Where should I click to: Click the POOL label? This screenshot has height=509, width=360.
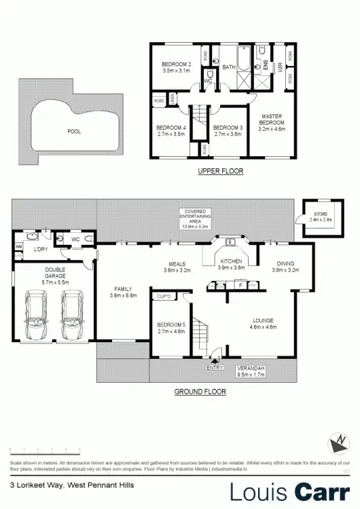(x=74, y=132)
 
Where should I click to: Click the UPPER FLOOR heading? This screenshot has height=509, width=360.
(x=220, y=171)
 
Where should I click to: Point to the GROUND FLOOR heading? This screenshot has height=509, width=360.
(x=200, y=392)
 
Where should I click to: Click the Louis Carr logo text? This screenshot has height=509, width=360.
(x=289, y=491)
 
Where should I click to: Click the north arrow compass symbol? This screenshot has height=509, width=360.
(x=338, y=445)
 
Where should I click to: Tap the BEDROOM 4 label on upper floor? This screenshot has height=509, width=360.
(x=171, y=131)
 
